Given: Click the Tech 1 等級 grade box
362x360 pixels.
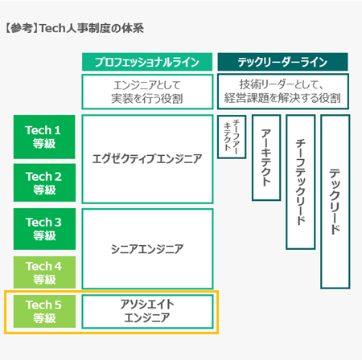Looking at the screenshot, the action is (x=44, y=137).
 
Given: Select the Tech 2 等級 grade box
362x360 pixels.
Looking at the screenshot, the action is (x=44, y=182).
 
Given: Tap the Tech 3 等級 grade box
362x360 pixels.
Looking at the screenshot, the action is (x=44, y=229).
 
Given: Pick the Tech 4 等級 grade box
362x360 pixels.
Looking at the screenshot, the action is (x=44, y=272).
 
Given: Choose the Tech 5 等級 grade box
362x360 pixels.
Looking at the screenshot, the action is (x=44, y=311).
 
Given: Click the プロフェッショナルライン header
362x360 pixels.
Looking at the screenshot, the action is (x=147, y=62).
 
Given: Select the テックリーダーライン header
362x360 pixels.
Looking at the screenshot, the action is (x=282, y=62).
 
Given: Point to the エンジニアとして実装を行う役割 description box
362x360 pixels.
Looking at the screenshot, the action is (x=147, y=92).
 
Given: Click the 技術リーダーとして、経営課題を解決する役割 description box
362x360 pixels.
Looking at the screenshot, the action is (x=283, y=92).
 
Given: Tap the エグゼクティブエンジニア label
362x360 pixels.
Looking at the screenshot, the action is (x=147, y=159).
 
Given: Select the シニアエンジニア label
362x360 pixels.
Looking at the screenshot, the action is (x=147, y=249).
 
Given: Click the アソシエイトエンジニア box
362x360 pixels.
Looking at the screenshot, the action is (x=147, y=312).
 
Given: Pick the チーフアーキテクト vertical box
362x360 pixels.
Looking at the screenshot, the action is (x=232, y=137).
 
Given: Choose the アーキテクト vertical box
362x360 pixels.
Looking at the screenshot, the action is (x=266, y=157).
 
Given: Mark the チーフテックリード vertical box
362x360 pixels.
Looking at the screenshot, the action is (x=301, y=182).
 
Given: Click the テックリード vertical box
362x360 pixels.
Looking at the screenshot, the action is (x=335, y=202).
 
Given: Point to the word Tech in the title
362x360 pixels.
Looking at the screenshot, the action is (x=52, y=28).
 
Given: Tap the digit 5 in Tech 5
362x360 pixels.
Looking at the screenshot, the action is (x=58, y=305).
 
